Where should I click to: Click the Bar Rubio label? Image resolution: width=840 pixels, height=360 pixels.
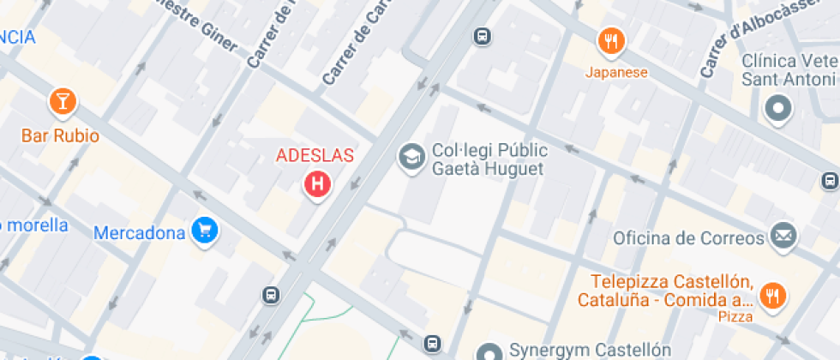click(x=60, y=136)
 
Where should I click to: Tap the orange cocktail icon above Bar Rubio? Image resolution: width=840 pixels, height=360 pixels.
click(x=62, y=101)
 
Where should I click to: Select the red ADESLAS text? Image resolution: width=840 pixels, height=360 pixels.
click(x=315, y=156)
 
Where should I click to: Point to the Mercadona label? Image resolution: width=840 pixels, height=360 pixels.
click(x=139, y=232)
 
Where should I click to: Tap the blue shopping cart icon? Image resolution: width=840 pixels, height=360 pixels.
click(x=204, y=230)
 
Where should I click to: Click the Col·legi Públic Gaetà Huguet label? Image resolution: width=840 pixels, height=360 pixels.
click(x=488, y=159)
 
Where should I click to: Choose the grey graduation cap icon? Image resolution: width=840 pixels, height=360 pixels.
click(x=412, y=158)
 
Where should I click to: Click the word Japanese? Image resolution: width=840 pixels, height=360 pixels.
click(x=616, y=72)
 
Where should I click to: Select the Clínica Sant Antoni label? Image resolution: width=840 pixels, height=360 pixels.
click(x=789, y=69)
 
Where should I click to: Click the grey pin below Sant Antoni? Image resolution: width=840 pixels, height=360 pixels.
click(x=778, y=109)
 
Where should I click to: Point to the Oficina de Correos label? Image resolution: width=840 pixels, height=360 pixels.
click(x=689, y=237)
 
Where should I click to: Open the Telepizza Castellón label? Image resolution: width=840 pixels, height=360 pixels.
click(x=665, y=291)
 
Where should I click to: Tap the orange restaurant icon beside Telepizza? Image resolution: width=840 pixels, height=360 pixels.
click(x=773, y=296)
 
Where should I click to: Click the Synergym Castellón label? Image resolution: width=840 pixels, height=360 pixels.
click(x=590, y=350)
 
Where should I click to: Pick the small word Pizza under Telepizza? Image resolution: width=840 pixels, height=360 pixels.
click(x=735, y=316)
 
